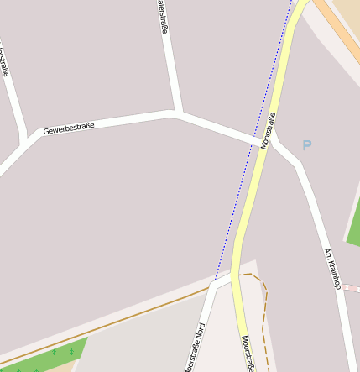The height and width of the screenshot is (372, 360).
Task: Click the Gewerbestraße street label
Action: [x=69, y=128]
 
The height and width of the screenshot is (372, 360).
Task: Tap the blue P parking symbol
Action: [x=307, y=145]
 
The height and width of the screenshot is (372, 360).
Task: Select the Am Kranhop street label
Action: [x=331, y=269]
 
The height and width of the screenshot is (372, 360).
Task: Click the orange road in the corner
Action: [x=340, y=34]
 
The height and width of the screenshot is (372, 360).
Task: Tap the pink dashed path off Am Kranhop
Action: [x=351, y=288]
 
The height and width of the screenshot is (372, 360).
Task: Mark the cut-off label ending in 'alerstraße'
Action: [x=162, y=17]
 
